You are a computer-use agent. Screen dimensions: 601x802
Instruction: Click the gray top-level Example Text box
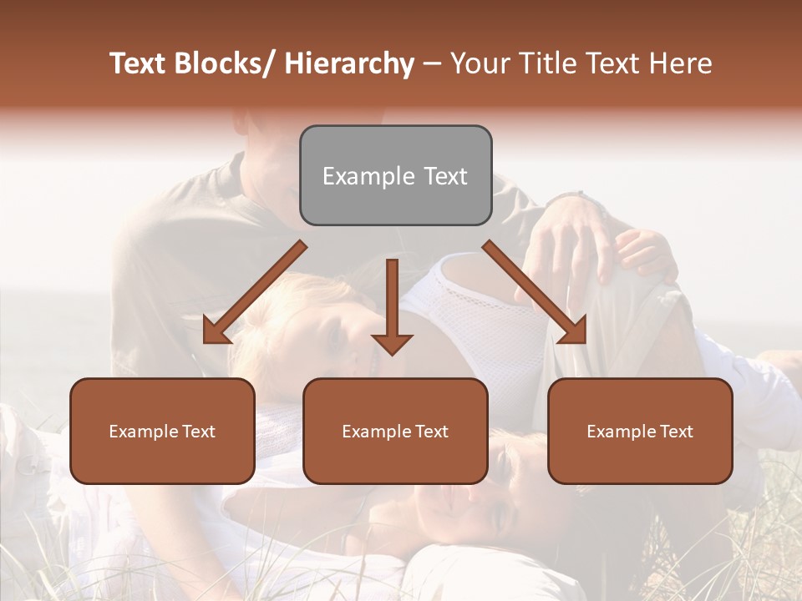[395, 175]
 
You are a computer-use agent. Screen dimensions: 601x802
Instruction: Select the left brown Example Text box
[162, 431]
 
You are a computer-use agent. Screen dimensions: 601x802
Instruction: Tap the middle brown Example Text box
[395, 431]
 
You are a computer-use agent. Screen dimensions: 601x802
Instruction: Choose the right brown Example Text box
[640, 431]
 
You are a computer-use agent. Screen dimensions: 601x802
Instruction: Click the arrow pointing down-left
[255, 292]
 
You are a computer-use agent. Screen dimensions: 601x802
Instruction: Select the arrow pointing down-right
[535, 292]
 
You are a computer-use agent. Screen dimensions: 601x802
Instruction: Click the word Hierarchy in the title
[349, 63]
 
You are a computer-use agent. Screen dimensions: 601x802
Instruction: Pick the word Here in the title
[680, 63]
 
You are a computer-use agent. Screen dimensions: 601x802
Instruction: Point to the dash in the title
[431, 63]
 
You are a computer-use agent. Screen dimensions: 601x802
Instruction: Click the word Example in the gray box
[368, 176]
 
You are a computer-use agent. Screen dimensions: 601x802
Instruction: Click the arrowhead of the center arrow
[392, 344]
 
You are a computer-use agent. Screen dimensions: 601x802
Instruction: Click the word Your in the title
[478, 63]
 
